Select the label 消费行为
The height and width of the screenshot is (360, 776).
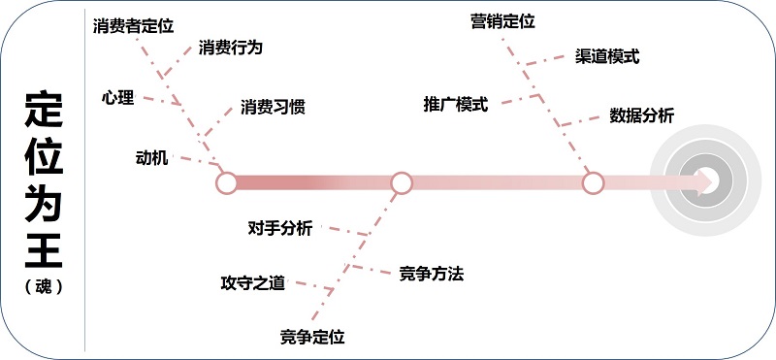[x=230, y=47]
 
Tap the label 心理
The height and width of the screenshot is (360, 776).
[x=117, y=98]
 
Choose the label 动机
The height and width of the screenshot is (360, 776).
[x=152, y=157]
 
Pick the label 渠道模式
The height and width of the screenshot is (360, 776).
[x=607, y=56]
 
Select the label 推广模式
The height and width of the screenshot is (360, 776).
[x=456, y=103]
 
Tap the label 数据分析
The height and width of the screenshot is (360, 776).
[x=641, y=115]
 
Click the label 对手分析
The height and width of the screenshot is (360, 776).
[x=280, y=228]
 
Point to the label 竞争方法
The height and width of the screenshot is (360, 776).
[x=431, y=274]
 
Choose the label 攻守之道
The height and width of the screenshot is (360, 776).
[x=253, y=283]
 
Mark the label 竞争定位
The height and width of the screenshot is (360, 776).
[x=312, y=337]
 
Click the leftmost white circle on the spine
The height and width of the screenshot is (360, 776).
[x=226, y=181]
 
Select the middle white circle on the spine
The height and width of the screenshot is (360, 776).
[x=402, y=181]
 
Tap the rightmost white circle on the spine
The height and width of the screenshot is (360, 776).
[x=593, y=181]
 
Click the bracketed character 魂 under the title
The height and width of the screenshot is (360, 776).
[x=44, y=288]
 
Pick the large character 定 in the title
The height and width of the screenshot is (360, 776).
[x=44, y=111]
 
